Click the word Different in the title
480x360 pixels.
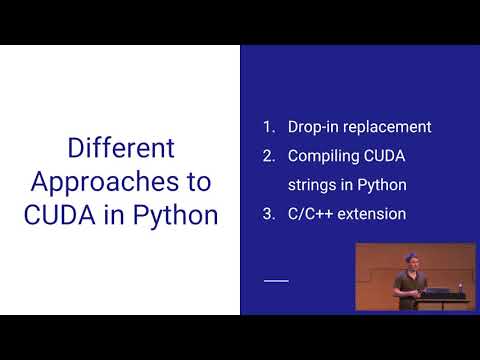[x=121, y=150]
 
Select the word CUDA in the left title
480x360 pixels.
[x=64, y=214]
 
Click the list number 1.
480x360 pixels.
[x=267, y=127]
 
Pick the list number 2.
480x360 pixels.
[x=267, y=156]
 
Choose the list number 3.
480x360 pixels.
[x=267, y=213]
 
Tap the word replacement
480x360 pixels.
[x=386, y=127]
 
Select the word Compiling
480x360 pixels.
[x=324, y=156]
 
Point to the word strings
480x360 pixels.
[x=312, y=185]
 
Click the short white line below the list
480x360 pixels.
[x=275, y=281]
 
